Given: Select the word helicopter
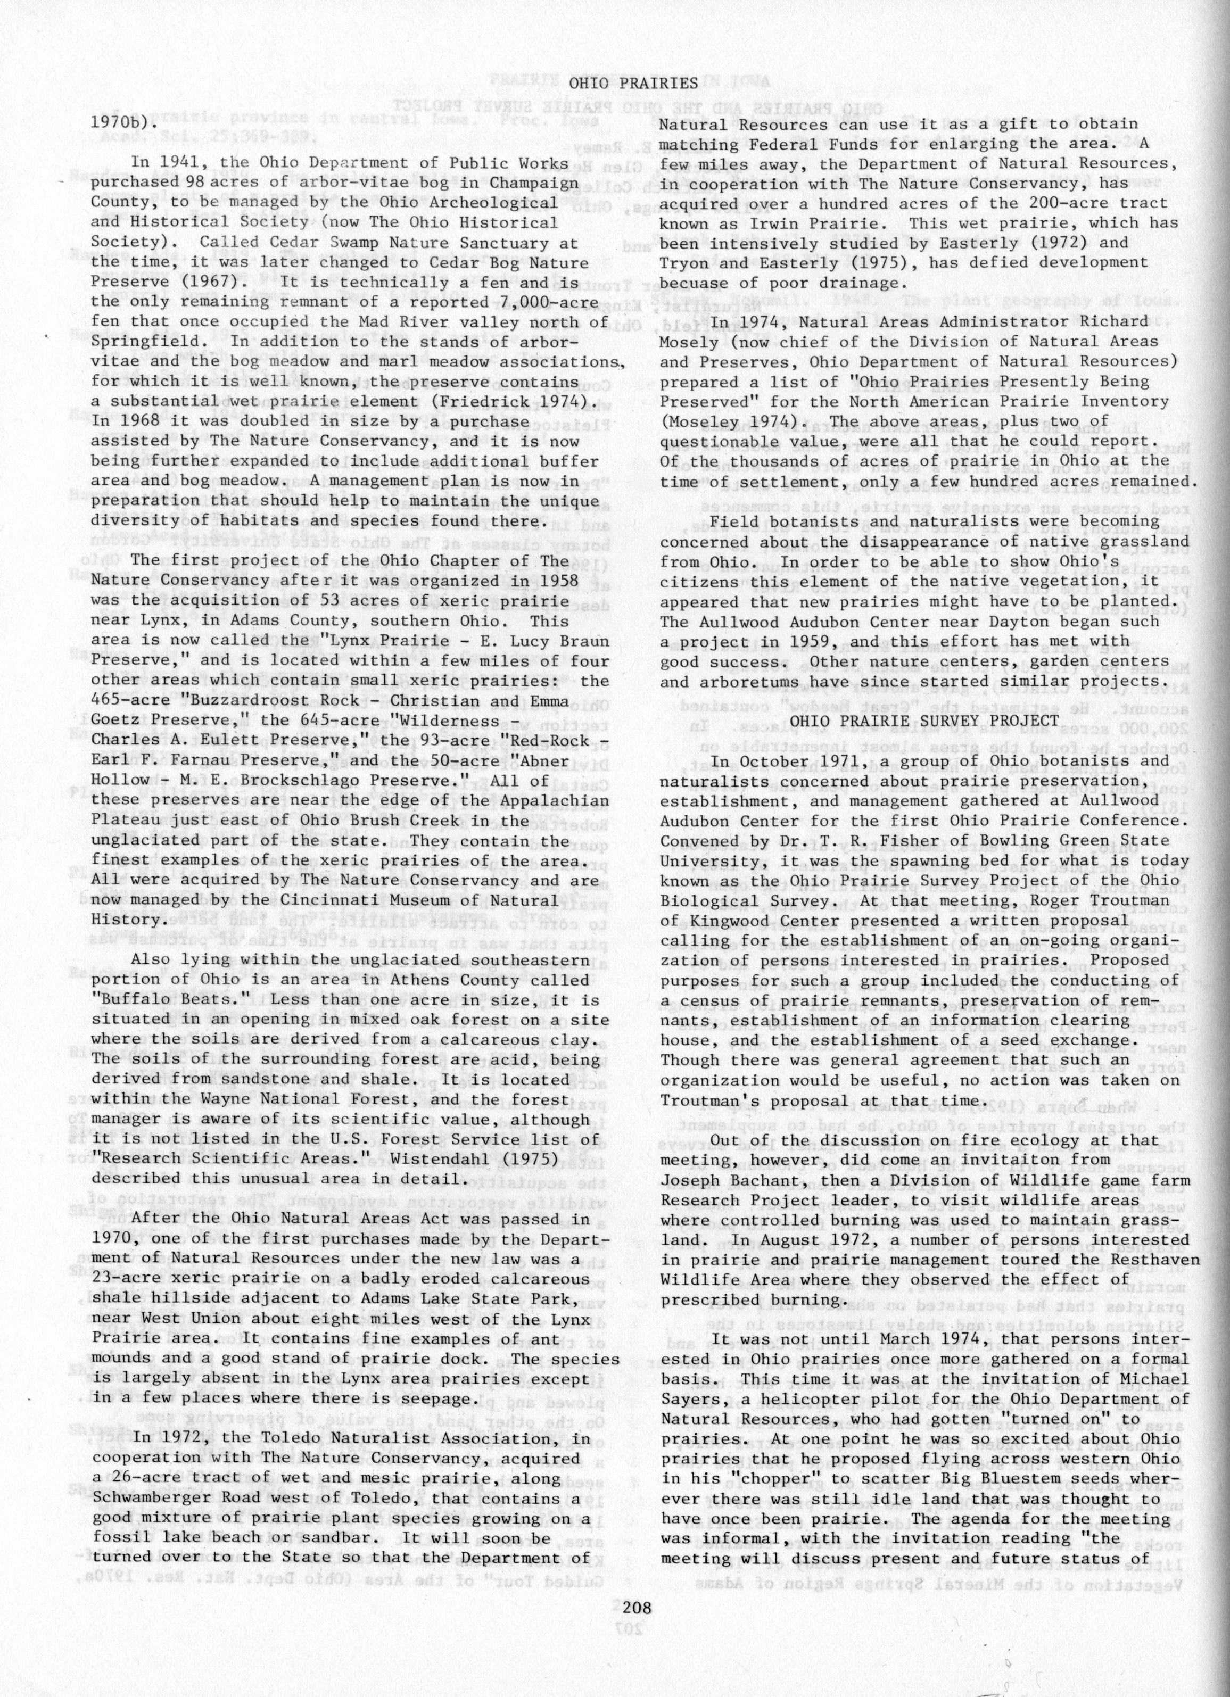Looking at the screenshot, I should pos(802,1398).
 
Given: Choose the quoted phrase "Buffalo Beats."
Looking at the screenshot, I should pos(150,1000).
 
